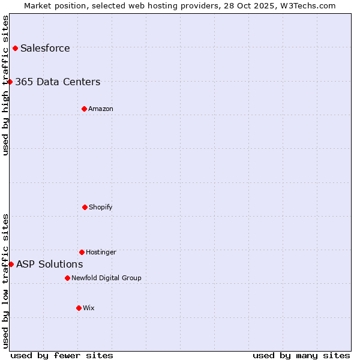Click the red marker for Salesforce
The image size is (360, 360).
tap(15, 48)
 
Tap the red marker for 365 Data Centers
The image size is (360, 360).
tap(10, 82)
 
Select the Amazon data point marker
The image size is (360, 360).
tap(84, 109)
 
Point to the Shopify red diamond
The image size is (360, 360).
tap(85, 207)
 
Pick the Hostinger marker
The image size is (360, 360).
tap(82, 252)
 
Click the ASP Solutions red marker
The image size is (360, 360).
tap(11, 264)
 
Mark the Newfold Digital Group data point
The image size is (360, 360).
tap(67, 278)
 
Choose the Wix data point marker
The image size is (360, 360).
tap(79, 308)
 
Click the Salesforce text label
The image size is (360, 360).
tap(45, 48)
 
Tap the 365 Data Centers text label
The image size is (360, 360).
tap(58, 82)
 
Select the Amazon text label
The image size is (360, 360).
tap(101, 109)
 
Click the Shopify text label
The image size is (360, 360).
tap(101, 207)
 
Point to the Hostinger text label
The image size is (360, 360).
tap(101, 252)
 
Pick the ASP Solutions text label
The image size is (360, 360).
tap(50, 264)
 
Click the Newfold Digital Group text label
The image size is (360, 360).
tap(106, 278)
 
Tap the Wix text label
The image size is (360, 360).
tap(89, 308)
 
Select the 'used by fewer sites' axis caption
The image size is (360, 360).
tap(62, 355)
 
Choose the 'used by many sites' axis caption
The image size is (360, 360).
tap(301, 355)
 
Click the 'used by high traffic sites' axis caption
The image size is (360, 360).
tap(5, 85)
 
